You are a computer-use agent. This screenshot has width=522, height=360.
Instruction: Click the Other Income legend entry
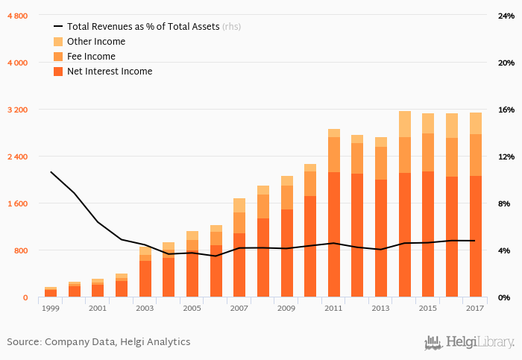point(95,42)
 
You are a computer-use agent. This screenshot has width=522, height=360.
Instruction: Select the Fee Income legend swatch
point(58,57)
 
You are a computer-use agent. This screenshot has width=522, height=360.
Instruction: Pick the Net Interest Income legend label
point(109,72)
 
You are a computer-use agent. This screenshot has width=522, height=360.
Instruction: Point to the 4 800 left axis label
point(17,16)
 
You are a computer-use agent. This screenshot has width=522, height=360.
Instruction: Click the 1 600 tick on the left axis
point(17,203)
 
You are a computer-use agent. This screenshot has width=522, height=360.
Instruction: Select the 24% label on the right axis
point(506,16)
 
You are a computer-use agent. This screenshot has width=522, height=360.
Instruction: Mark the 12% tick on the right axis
point(506,157)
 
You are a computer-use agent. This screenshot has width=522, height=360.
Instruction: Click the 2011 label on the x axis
point(333,308)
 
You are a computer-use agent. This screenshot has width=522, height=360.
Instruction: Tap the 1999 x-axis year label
point(51,308)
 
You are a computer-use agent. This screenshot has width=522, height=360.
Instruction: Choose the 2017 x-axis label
point(474,308)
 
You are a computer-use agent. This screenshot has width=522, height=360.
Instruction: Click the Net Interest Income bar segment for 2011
point(333,235)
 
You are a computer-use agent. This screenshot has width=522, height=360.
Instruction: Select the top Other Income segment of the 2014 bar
point(404,124)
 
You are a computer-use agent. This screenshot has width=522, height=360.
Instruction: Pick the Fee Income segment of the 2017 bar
point(475,155)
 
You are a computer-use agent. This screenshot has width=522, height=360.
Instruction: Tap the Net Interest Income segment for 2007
point(239,265)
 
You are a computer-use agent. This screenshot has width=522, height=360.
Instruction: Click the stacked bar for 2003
point(145,273)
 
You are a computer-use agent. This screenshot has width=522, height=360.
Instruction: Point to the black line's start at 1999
point(51,172)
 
